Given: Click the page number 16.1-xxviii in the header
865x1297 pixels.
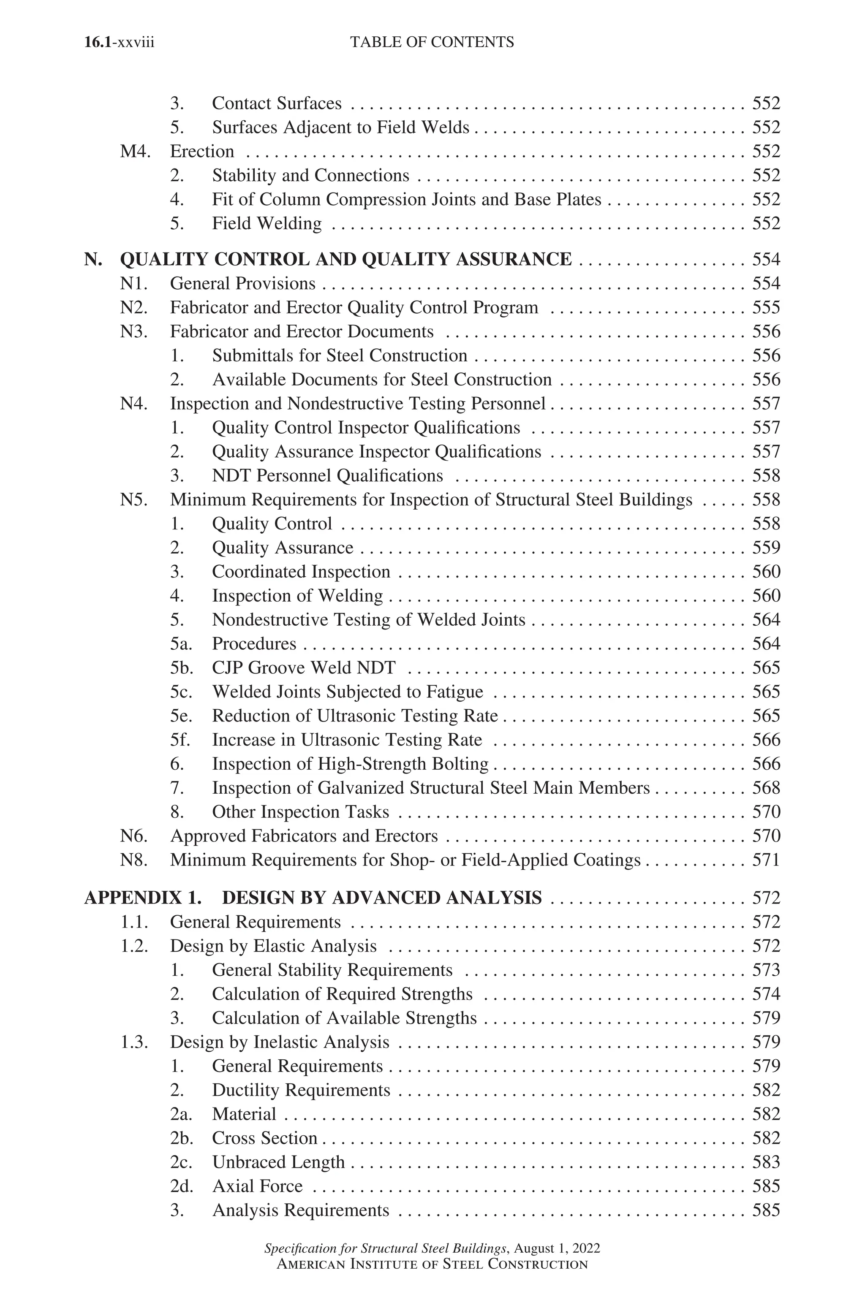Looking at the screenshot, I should point(119,43).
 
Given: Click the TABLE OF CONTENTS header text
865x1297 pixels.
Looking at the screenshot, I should point(432,43).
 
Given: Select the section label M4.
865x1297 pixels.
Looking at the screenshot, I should point(135,152).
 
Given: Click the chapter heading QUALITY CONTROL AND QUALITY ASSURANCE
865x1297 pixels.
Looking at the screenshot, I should point(346,259).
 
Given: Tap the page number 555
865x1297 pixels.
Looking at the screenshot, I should point(766,308).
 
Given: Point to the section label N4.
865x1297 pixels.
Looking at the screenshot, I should point(134,404).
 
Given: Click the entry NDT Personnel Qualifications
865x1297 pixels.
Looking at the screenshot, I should point(327,476).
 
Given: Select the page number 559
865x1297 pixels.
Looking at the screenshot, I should point(766,548).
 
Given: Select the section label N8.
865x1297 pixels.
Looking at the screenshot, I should point(134,860).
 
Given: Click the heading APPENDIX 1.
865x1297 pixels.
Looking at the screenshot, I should point(142,898).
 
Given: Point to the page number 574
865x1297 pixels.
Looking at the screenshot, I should point(766,994).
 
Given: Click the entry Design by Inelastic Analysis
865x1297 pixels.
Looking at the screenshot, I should point(279,1042).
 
